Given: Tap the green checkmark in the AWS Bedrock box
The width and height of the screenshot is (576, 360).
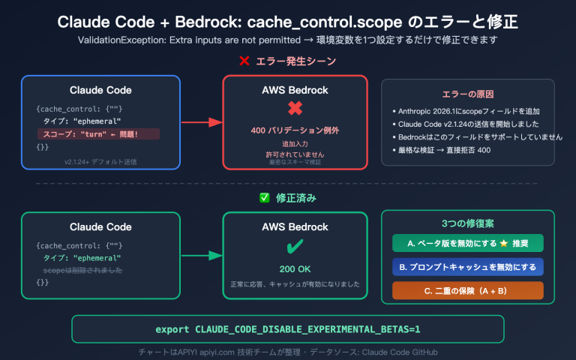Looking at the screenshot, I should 295,247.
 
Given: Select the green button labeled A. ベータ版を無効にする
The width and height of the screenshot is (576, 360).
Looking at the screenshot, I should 468,243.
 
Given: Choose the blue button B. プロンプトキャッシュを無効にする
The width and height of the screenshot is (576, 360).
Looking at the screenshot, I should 468,266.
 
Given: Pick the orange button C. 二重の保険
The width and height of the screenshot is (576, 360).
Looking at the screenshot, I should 468,290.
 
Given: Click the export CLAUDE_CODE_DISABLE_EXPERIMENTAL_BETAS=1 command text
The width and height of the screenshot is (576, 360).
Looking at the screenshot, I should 288,329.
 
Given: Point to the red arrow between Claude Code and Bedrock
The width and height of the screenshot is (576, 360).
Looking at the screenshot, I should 201,121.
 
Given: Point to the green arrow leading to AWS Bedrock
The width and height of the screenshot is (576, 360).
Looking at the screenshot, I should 201,256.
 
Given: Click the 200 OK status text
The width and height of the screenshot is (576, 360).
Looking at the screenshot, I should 295,269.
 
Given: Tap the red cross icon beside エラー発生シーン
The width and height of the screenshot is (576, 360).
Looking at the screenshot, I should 244,61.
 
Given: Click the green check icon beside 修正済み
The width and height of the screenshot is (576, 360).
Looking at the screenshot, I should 264,198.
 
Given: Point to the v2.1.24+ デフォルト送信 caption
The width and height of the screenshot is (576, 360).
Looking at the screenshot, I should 100,160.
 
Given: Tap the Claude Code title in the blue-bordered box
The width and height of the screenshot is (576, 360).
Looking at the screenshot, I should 100,90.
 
